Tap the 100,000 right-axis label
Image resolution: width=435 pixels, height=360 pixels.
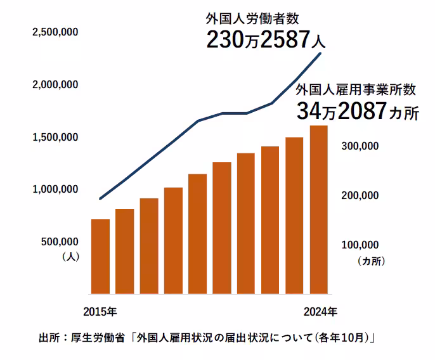click(x=360, y=245)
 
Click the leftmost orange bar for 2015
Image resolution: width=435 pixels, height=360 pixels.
click(x=100, y=257)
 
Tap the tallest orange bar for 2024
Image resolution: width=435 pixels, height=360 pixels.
click(x=318, y=210)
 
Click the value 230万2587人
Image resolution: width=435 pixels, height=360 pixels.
click(x=266, y=41)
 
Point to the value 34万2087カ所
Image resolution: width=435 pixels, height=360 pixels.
click(x=358, y=112)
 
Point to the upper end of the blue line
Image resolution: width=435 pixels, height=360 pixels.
click(x=320, y=54)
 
